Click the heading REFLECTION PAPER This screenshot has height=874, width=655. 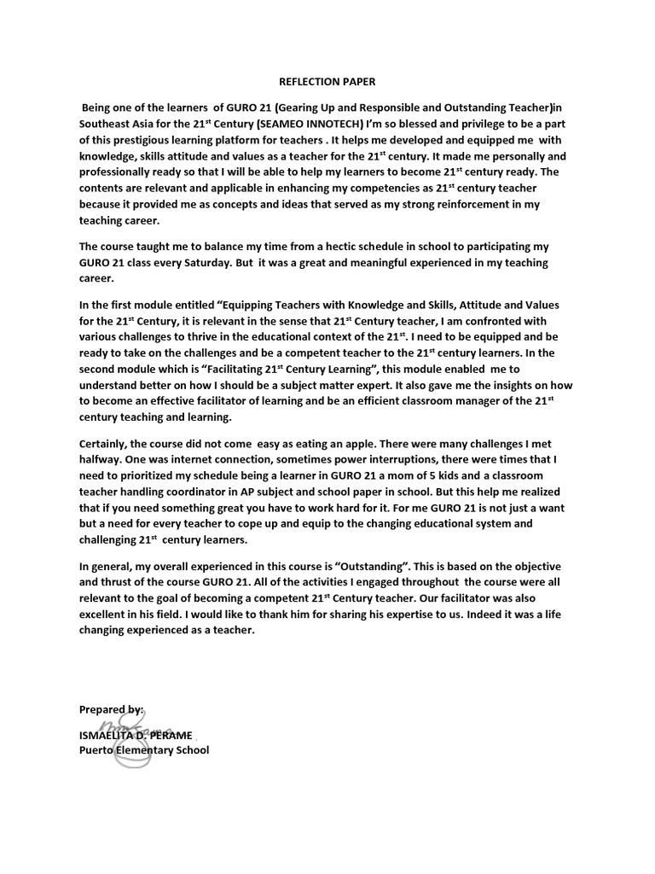coord(327,82)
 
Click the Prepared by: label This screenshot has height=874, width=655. coord(111,709)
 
